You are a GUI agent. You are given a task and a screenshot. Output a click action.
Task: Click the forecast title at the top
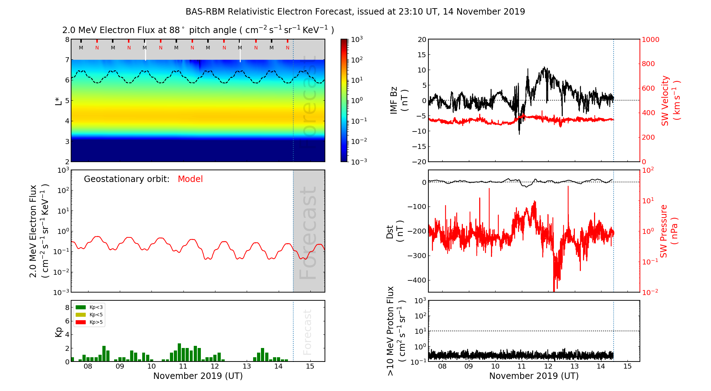tap(355, 12)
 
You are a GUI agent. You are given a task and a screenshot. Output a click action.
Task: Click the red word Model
tap(190, 179)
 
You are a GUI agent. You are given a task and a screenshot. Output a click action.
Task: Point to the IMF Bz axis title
tap(399, 101)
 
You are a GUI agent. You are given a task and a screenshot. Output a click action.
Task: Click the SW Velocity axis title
tap(670, 101)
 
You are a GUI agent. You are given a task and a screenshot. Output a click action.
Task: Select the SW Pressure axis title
tap(669, 231)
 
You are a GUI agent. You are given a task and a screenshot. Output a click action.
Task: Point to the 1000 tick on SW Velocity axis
tap(650, 40)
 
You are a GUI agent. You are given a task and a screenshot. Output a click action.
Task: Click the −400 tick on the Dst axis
tap(416, 280)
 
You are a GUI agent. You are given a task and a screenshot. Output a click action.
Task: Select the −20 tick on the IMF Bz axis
tap(419, 162)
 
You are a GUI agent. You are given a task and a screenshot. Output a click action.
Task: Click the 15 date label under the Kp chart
tap(310, 366)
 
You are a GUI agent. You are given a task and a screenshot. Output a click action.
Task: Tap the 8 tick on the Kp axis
tap(67, 307)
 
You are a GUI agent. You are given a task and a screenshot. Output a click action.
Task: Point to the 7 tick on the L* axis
tap(67, 60)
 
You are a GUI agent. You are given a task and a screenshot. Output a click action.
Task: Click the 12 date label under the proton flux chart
tap(548, 366)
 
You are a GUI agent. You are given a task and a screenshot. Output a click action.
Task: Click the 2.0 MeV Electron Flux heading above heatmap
tap(198, 30)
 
